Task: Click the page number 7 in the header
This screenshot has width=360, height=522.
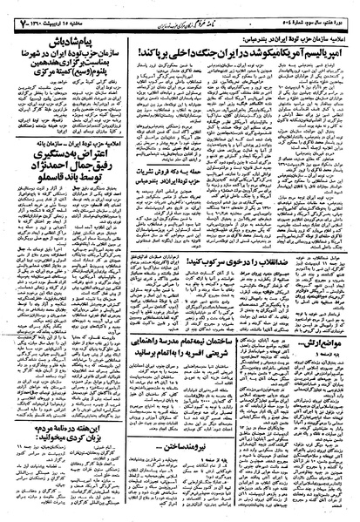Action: [x=12, y=10]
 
